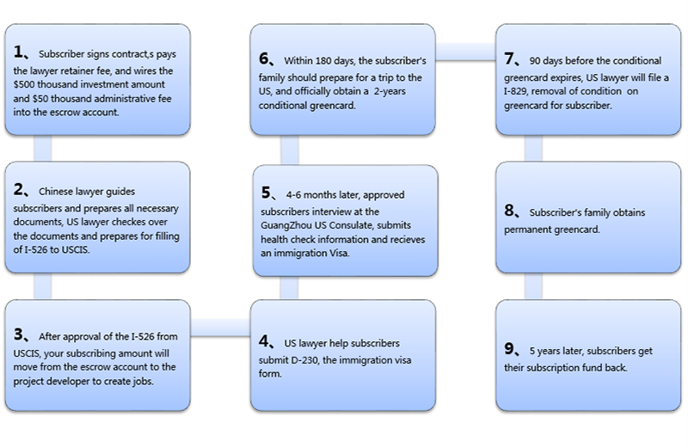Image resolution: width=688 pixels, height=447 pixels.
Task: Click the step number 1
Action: point(18,52)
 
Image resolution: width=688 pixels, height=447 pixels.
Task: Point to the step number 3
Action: point(18,334)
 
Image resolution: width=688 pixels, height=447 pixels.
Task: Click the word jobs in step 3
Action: point(144,382)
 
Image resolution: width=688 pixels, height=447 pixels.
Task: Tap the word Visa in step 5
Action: point(339,253)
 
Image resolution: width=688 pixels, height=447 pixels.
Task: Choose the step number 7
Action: point(509,58)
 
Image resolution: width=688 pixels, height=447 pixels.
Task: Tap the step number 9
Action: point(509,349)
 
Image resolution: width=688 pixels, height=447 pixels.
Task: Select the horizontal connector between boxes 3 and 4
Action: point(220,328)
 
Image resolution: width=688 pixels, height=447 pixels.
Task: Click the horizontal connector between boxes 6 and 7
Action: point(465,52)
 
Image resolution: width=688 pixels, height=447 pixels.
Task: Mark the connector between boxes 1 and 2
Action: point(42,148)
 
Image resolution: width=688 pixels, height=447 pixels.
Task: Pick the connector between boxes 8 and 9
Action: point(533,286)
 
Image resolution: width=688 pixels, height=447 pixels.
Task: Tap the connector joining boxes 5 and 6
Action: point(290,150)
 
